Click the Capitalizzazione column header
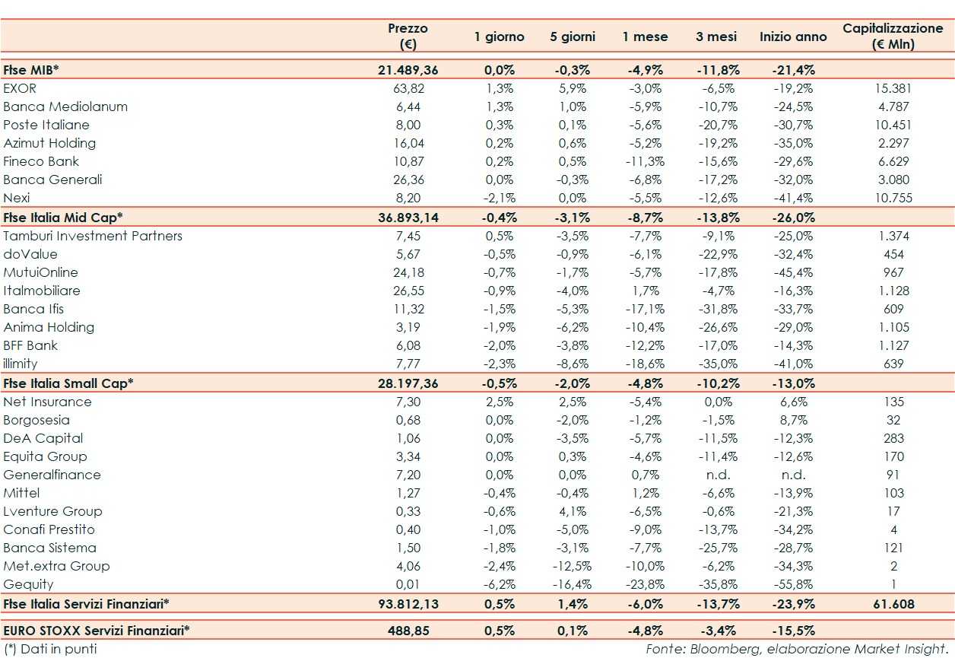pos(893,36)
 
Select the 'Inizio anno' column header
pos(793,37)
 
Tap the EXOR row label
pos(20,88)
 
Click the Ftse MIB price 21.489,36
pos(408,70)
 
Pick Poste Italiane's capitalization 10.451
pos(893,125)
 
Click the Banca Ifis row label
pos(33,309)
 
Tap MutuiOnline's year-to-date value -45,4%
pos(794,272)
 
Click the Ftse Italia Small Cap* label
pos(68,383)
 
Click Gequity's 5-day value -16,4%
pos(573,584)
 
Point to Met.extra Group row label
pos(56,566)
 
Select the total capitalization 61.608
pos(893,604)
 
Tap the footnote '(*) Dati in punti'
pos(50,649)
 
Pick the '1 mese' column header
pos(646,37)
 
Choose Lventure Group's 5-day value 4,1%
pos(573,511)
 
